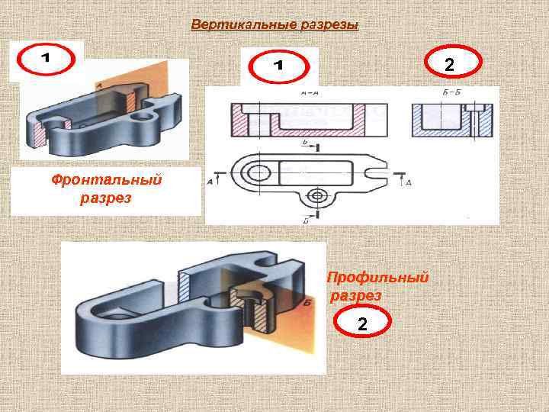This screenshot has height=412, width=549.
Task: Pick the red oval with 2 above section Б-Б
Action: click(450, 66)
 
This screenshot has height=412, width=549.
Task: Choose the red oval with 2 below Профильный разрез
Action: click(361, 325)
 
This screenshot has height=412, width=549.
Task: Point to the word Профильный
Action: click(377, 278)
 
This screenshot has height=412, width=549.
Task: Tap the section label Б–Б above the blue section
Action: click(451, 93)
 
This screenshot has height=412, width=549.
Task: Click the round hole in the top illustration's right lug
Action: click(143, 118)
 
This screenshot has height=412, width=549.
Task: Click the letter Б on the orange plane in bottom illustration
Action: click(305, 304)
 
